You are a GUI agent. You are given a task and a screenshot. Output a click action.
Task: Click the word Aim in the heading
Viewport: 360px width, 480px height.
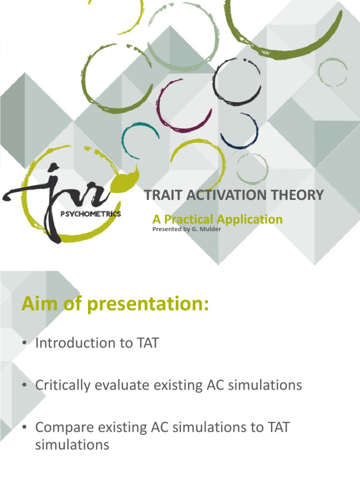click(x=37, y=305)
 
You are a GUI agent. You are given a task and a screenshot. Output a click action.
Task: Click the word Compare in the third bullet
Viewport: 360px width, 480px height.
click(x=64, y=427)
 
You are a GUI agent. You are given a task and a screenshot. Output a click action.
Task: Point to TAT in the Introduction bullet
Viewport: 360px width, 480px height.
click(x=147, y=343)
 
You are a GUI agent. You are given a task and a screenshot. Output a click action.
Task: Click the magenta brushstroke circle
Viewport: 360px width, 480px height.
click(x=184, y=106)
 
